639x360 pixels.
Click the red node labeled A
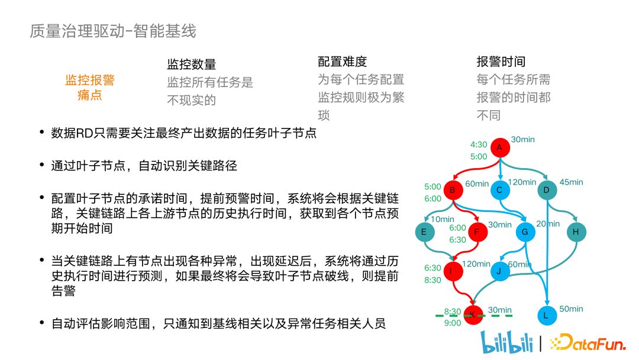tap(500, 147)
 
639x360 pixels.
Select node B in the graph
tap(453, 190)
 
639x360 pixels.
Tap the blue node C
tap(499, 190)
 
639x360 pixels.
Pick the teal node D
tap(547, 190)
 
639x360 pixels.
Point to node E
tap(424, 232)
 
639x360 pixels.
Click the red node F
tap(477, 232)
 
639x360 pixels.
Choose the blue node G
tap(524, 232)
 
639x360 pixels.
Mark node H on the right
tap(576, 232)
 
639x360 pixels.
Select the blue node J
tap(499, 272)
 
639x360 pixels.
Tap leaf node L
tap(546, 316)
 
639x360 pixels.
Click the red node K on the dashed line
tap(472, 316)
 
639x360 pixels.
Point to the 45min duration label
tap(571, 182)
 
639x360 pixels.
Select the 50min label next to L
tap(571, 308)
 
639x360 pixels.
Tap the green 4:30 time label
tap(479, 144)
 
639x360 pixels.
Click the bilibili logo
tap(507, 342)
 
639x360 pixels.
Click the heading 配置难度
tap(343, 62)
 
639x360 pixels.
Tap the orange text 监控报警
tap(90, 80)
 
